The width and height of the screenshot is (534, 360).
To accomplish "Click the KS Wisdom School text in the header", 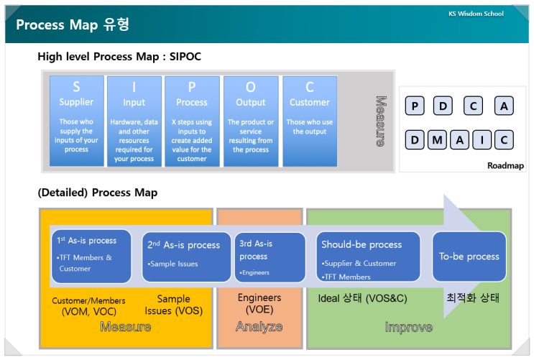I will point(475,14).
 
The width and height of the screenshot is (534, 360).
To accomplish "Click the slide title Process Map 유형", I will point(73,25).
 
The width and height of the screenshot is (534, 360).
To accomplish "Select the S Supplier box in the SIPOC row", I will point(76,121).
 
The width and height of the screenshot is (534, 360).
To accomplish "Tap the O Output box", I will point(251,121).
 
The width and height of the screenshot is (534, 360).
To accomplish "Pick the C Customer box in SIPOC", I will point(310,121).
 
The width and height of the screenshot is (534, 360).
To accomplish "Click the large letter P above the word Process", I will point(192,88).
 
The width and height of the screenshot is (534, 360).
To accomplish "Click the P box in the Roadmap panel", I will point(415,107).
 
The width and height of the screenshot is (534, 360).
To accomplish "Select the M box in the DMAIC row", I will point(437,140).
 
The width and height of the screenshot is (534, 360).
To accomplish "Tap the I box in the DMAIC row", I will point(482,140).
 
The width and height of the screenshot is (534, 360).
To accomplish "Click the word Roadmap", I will point(505,166).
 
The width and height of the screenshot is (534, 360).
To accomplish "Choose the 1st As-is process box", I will point(91,256).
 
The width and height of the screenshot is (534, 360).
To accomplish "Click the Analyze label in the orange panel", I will point(259,327).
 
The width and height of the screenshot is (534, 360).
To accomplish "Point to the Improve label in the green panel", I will point(408,327).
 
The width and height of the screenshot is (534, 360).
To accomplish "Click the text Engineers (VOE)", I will point(259,303).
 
